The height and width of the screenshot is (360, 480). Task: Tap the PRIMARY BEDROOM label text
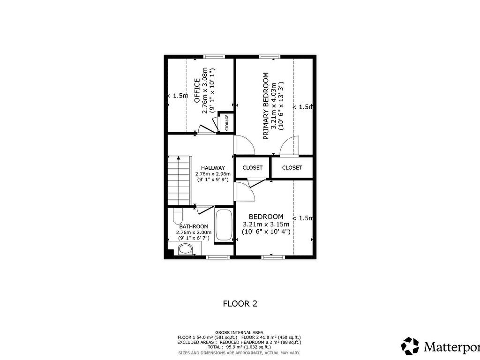[x=266, y=105]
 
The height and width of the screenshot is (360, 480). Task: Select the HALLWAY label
[x=213, y=168]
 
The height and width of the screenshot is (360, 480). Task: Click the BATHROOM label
[x=194, y=226]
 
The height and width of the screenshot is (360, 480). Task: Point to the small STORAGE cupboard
[x=227, y=123]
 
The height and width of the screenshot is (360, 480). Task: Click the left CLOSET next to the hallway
[x=253, y=167]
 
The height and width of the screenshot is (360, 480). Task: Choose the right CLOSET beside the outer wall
[x=292, y=167]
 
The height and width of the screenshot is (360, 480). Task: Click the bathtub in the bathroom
[x=224, y=225]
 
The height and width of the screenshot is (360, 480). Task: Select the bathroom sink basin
[x=186, y=249]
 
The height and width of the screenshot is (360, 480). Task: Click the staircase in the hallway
[x=179, y=180]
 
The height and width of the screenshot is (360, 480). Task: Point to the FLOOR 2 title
[x=240, y=304]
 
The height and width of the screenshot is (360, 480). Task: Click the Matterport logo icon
[x=410, y=346]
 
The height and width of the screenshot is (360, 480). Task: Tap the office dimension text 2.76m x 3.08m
[x=205, y=92]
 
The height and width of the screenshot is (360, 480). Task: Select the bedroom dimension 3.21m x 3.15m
[x=266, y=224]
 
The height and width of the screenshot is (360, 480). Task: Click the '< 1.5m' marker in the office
[x=178, y=96]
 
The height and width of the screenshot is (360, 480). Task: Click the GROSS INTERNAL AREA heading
[x=239, y=332]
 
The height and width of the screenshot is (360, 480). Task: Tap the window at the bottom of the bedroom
[x=273, y=257]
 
